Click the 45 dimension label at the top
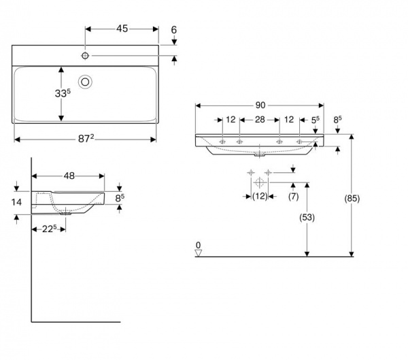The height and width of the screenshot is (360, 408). [x=122, y=29]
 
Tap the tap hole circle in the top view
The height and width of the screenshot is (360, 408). [x=85, y=56]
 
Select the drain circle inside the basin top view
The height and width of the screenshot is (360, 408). [x=85, y=82]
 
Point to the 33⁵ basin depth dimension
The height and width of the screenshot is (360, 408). [x=63, y=93]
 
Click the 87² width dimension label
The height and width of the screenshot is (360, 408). [x=86, y=139]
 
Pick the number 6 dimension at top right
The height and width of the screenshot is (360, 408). [x=174, y=30]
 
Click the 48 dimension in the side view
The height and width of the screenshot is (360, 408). [x=69, y=176]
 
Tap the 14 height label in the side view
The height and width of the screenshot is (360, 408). [x=16, y=202]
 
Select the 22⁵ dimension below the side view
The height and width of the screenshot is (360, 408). [x=50, y=229]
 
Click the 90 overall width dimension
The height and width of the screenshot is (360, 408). [x=260, y=105]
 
